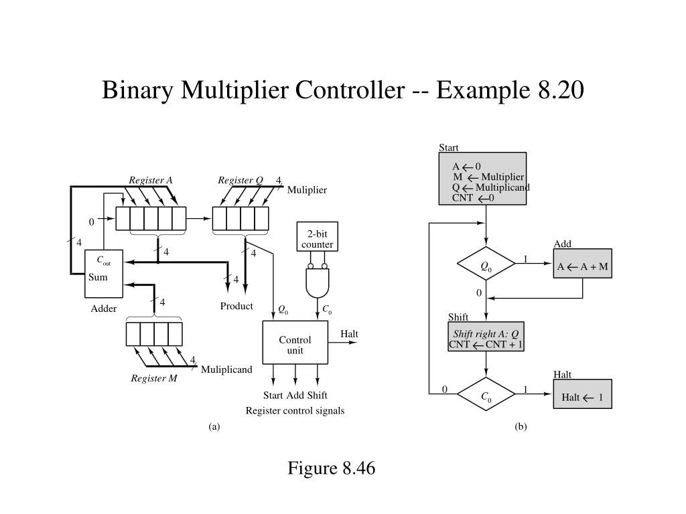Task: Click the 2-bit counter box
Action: click(316, 239)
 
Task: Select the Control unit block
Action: click(295, 345)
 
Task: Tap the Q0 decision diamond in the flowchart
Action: click(486, 266)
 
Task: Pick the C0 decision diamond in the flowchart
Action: click(486, 397)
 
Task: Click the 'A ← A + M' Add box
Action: click(583, 266)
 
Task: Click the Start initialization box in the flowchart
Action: click(486, 179)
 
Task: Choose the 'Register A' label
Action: click(151, 180)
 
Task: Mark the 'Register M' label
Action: click(154, 379)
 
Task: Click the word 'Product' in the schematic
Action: click(236, 307)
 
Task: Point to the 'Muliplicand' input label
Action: click(226, 369)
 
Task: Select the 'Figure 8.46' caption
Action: click(332, 468)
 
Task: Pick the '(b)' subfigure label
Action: click(521, 426)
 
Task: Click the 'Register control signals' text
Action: click(295, 411)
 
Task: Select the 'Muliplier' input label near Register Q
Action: click(307, 190)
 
